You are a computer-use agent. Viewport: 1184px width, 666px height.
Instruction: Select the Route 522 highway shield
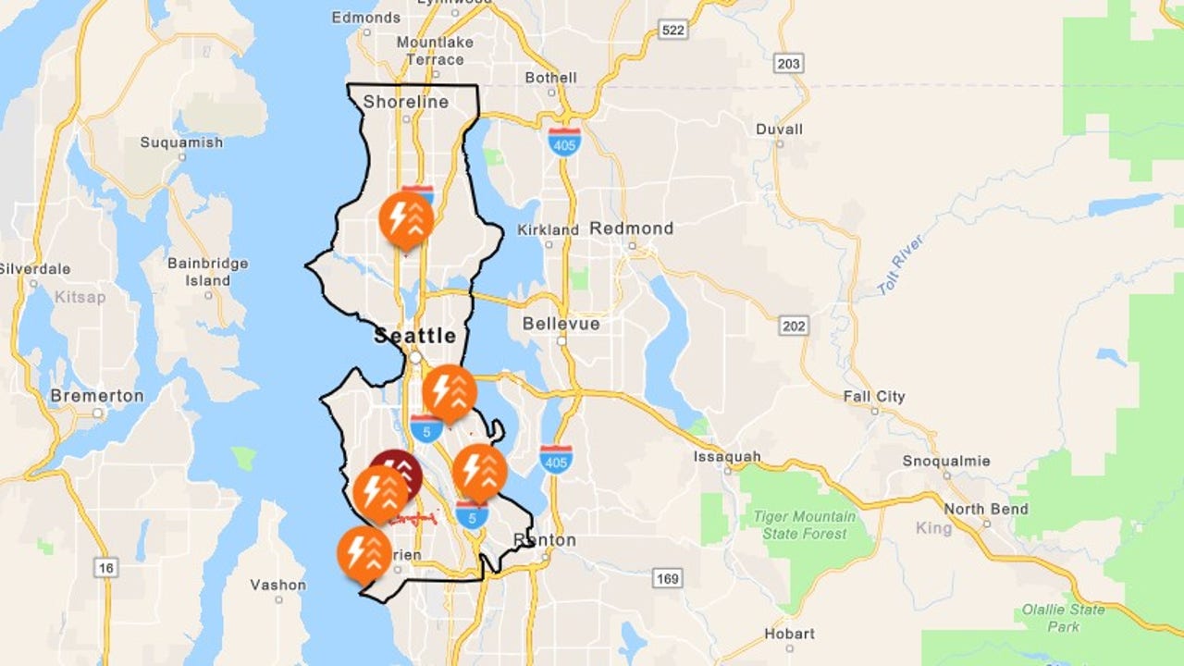674,31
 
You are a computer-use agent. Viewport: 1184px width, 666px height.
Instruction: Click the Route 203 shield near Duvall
789,63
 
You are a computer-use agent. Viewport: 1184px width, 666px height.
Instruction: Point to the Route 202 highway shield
794,326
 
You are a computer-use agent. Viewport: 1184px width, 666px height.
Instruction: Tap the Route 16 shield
106,567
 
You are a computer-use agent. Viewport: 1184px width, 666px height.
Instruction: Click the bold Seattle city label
415,336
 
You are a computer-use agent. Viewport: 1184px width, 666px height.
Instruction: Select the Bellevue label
561,324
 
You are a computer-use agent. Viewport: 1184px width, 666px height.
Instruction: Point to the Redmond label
632,228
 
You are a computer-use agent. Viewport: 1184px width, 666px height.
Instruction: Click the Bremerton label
97,396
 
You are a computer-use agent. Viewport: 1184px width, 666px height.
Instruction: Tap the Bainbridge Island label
208,272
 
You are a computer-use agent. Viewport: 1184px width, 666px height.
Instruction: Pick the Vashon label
277,585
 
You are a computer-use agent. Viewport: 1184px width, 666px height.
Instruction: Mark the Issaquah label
728,456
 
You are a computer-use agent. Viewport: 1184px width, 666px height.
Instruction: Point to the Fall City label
874,397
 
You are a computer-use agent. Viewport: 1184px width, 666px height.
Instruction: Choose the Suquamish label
181,142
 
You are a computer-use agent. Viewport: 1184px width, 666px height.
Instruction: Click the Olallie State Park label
1063,618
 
